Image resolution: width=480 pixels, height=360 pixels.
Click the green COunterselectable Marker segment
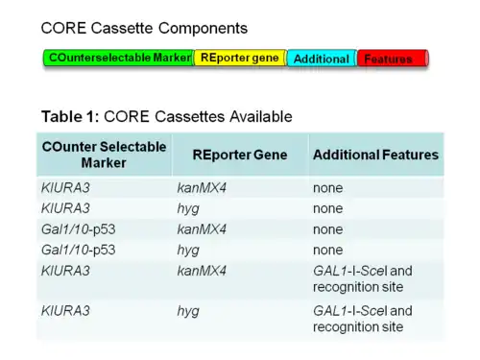(x=119, y=58)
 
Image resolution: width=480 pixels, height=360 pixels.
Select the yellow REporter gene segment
(x=240, y=58)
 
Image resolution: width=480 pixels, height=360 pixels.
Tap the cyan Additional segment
(x=322, y=59)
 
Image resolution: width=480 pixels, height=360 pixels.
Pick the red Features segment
(x=393, y=59)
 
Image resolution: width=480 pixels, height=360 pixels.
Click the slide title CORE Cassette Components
(x=144, y=28)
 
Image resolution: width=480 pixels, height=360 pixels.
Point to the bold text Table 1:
(x=70, y=116)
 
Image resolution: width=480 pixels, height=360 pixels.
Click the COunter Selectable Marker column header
(x=104, y=155)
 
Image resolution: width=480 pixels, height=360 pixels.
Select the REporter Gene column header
(x=240, y=155)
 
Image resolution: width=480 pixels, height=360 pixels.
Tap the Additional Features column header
(x=375, y=155)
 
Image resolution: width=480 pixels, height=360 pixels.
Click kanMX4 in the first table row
(x=202, y=188)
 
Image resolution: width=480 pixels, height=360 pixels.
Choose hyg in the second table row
(x=188, y=209)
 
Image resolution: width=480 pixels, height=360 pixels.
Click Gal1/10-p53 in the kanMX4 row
(x=79, y=229)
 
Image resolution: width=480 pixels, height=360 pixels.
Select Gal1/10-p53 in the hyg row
(x=79, y=250)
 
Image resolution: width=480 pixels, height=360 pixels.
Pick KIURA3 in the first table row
(x=65, y=188)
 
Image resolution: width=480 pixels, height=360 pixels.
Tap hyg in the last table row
(x=188, y=312)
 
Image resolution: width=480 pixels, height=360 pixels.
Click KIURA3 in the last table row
(x=65, y=311)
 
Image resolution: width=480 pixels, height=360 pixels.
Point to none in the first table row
(x=328, y=188)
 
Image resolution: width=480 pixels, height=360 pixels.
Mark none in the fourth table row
(x=328, y=251)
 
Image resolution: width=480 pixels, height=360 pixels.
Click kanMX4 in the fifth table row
(x=202, y=271)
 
